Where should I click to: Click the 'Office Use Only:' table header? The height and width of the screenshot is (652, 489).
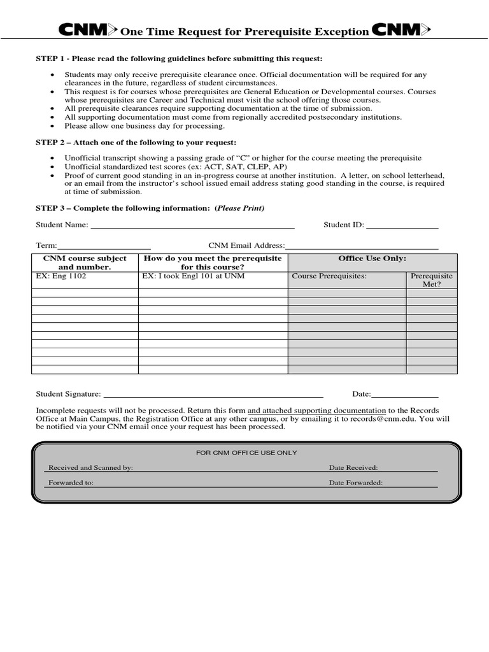point(372,259)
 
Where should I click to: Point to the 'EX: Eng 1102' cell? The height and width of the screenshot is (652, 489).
point(61,276)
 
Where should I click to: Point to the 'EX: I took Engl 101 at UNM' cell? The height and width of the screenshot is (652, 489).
point(194,276)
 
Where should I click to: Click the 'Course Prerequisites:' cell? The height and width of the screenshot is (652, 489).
point(329,276)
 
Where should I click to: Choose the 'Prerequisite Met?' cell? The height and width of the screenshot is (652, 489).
point(431,280)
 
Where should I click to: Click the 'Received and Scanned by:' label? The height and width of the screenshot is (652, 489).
point(90,467)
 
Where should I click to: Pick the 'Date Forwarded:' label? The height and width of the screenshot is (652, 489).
point(355,483)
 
